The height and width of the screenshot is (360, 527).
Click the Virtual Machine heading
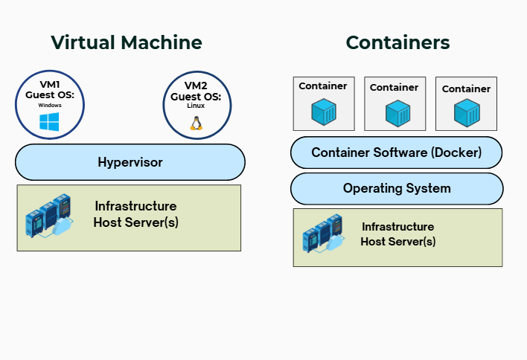tap(127, 42)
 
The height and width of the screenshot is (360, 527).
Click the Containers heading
tap(397, 42)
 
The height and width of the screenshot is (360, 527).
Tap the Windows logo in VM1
tap(49, 122)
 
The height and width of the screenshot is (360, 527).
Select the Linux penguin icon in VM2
tap(197, 122)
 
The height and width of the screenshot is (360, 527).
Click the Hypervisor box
tap(130, 162)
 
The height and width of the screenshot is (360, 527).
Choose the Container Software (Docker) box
tap(396, 152)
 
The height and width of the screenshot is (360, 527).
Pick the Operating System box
tap(396, 188)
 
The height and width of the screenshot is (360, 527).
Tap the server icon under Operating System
tap(322, 236)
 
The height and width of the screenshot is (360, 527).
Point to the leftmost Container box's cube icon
tap(324, 112)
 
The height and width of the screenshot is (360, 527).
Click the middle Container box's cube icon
tap(395, 114)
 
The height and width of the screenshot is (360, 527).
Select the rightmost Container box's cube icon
tap(467, 114)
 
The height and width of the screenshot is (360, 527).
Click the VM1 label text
tap(49, 86)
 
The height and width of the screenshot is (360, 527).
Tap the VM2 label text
tap(196, 86)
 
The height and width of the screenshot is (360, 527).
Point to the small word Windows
tap(49, 106)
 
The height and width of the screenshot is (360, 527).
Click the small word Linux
tap(196, 106)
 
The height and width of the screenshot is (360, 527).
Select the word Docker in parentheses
tap(456, 152)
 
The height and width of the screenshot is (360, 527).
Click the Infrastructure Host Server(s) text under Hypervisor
tap(135, 213)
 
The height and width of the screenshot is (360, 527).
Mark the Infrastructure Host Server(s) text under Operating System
tap(398, 234)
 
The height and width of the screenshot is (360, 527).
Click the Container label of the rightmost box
tap(467, 89)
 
